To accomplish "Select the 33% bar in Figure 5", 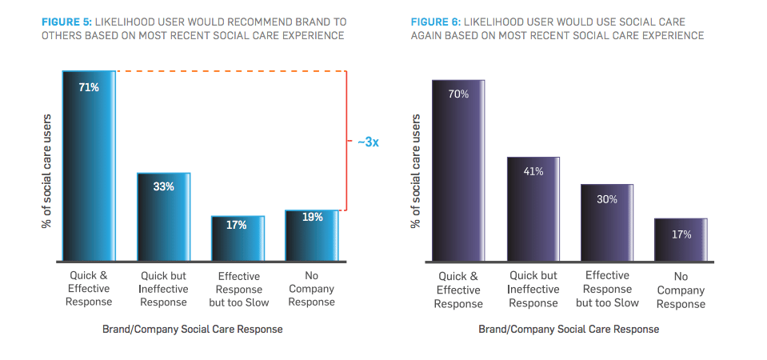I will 164,217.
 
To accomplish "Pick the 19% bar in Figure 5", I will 312,236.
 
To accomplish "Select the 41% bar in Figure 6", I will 533,209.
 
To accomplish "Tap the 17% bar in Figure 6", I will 681,240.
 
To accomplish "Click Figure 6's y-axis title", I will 416,170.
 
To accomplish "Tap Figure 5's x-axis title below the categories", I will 192,329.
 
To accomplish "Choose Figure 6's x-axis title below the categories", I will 569,329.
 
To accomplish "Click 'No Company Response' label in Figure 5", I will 312,289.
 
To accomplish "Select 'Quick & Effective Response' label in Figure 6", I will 458,290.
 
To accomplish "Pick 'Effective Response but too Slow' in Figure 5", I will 238,290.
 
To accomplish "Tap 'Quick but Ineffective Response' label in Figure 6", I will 533,290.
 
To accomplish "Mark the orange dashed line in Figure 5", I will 232,72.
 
